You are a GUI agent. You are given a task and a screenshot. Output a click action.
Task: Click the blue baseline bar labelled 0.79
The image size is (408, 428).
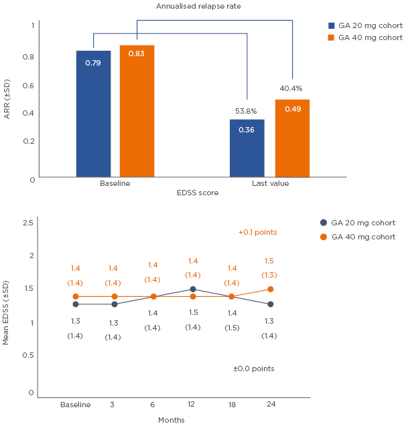[93, 114]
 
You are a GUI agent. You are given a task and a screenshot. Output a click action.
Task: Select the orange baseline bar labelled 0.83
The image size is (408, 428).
[137, 111]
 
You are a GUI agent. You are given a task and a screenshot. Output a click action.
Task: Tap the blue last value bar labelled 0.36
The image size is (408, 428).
[247, 148]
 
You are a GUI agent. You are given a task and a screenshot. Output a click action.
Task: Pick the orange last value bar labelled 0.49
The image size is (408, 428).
[292, 138]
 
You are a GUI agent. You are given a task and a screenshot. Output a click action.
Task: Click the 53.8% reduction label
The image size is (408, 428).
[246, 111]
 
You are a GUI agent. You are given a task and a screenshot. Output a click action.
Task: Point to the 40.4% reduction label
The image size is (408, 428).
[291, 88]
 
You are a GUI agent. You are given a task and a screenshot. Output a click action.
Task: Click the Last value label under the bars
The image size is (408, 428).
[270, 183]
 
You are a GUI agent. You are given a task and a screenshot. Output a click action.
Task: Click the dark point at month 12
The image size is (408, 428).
[193, 290]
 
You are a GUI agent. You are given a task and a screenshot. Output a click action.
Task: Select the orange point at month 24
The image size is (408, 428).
[269, 290]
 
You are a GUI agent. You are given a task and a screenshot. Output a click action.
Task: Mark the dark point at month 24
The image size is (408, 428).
[269, 304]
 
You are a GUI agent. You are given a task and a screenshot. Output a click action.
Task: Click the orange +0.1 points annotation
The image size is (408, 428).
[257, 232]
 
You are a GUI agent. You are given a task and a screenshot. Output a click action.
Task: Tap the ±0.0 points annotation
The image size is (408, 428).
[253, 368]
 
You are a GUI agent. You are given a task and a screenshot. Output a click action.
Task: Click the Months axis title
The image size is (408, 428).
[171, 420]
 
